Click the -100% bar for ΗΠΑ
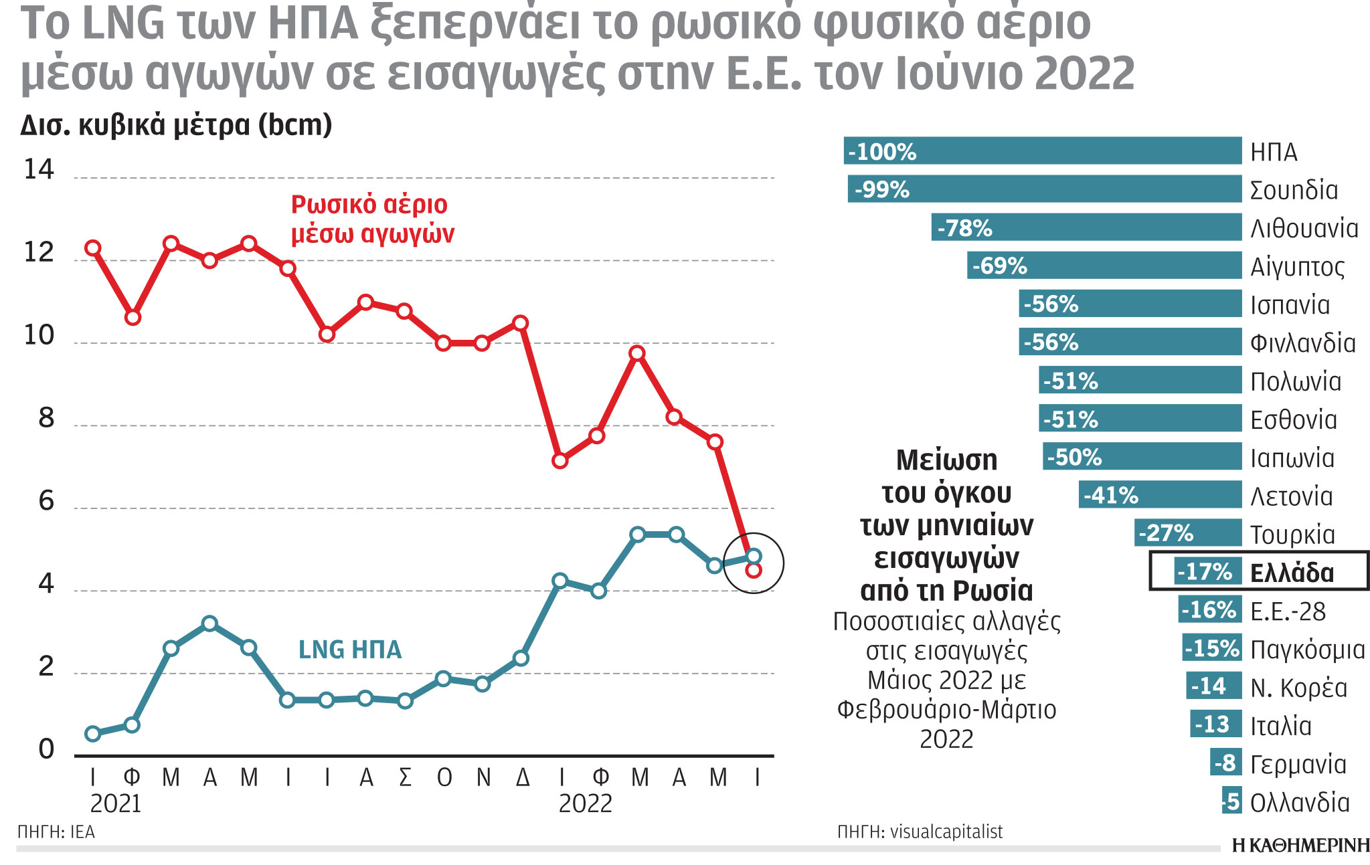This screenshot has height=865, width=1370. (x=1042, y=151)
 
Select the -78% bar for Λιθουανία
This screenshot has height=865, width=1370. (x=1086, y=227)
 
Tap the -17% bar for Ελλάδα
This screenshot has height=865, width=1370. (x=1207, y=571)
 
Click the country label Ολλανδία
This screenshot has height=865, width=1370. (x=1300, y=802)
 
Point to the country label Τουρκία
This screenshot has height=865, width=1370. (x=1292, y=535)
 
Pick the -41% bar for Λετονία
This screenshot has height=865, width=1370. (x=1159, y=495)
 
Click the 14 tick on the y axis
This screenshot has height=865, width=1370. (x=39, y=169)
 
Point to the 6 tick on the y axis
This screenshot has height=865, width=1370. (x=46, y=500)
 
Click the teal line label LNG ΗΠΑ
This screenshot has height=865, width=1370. (x=350, y=650)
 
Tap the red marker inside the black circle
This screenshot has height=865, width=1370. (x=754, y=570)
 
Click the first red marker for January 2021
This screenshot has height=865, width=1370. (x=93, y=248)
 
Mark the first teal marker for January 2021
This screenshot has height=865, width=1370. (x=93, y=734)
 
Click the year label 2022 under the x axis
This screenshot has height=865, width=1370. (x=585, y=803)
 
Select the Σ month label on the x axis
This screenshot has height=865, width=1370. (x=405, y=777)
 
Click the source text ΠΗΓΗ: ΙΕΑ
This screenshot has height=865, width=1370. (x=56, y=832)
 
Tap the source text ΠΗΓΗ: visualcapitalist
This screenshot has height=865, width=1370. (x=920, y=832)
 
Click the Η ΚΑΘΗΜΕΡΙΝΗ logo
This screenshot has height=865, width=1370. (x=1300, y=846)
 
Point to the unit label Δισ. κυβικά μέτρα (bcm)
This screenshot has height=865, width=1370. (x=176, y=125)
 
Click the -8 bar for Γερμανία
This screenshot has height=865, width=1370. (x=1225, y=763)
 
